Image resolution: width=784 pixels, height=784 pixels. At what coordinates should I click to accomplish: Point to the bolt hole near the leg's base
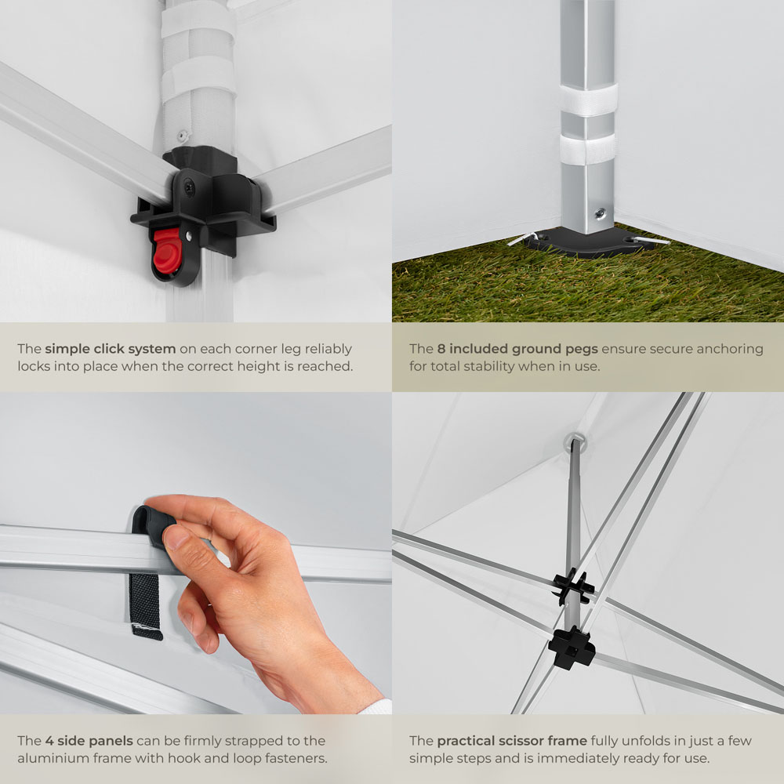pos(599,215)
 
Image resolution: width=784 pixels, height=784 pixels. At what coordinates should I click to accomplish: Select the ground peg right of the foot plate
pos(652,241)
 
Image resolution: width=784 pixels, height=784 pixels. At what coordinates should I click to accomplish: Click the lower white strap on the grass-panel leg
pos(588,149)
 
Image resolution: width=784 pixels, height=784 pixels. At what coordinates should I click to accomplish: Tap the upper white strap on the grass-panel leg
pos(588,100)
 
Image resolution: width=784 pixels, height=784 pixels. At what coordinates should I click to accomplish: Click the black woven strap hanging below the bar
pos(146,607)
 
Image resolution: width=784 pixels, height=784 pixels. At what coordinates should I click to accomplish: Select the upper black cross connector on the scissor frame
pos(573,586)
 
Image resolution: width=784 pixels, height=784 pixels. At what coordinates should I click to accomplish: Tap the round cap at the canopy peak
pos(575,441)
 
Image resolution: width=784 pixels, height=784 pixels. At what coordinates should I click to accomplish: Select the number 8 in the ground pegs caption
pos(441,349)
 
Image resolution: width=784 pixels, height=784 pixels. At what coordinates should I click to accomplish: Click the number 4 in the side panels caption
pos(49,741)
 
